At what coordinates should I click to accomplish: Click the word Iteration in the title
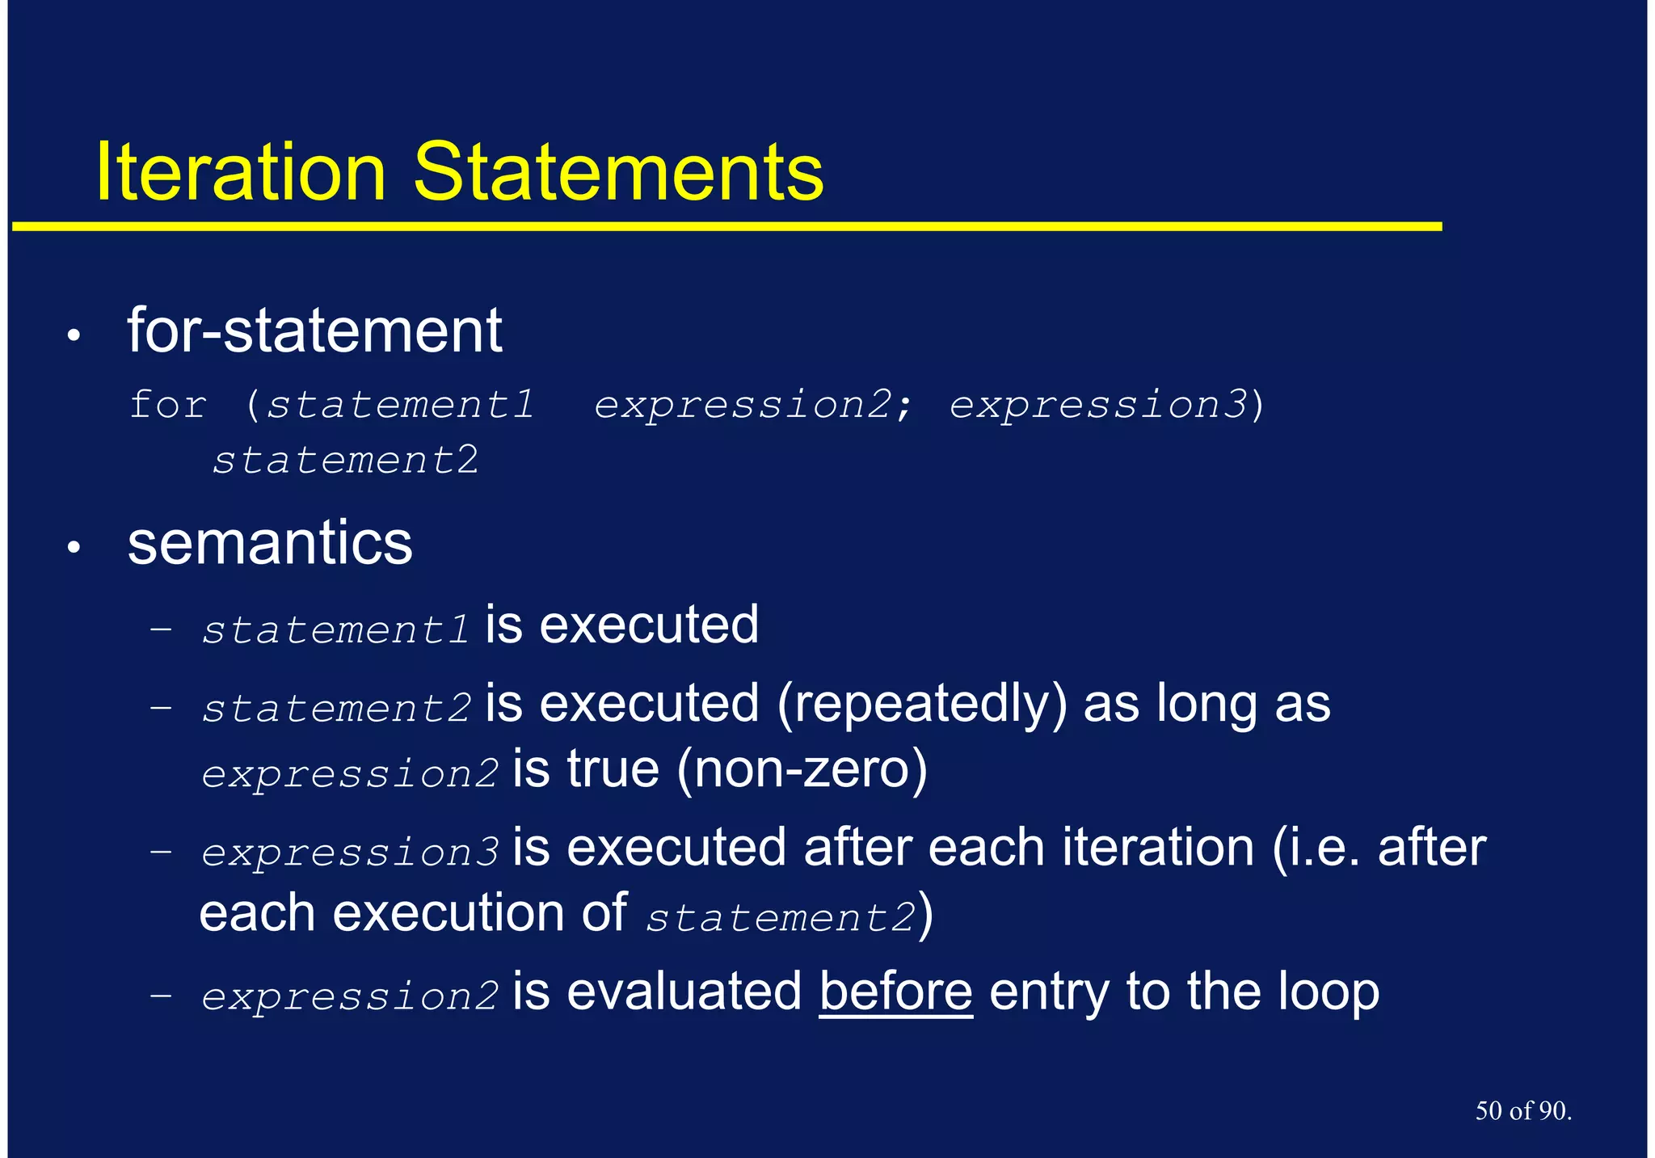click(x=240, y=172)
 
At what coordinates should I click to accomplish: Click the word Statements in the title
click(x=618, y=172)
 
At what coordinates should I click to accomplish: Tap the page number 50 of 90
click(x=1522, y=1110)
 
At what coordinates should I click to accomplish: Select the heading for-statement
click(x=314, y=331)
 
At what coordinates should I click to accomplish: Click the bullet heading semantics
click(x=270, y=543)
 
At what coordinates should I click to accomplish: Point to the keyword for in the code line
click(x=168, y=404)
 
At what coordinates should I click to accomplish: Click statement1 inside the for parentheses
click(x=401, y=404)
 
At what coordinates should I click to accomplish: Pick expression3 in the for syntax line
click(x=1098, y=404)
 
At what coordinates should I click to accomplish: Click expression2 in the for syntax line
click(x=743, y=404)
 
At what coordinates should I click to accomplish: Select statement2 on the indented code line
click(x=346, y=461)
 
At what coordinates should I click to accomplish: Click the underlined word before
click(x=895, y=992)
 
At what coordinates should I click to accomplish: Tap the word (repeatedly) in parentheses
click(x=922, y=704)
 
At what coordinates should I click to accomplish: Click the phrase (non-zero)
click(x=802, y=768)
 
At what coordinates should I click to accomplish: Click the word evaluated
click(x=684, y=992)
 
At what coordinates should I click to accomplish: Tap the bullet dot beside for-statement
click(x=74, y=335)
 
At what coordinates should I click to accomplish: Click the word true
click(x=613, y=768)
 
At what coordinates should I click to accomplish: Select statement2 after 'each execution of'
click(x=781, y=917)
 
